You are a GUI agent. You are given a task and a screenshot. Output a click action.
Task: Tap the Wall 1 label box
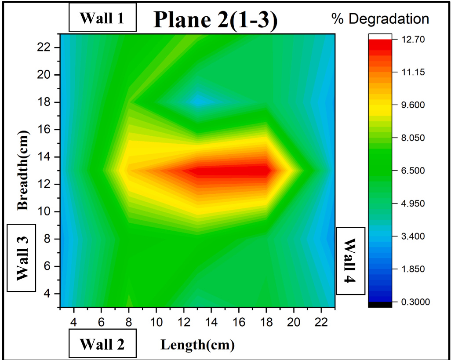click(102, 18)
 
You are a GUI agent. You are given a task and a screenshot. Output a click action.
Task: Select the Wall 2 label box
click(102, 344)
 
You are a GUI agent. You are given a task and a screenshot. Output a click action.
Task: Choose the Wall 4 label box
click(350, 261)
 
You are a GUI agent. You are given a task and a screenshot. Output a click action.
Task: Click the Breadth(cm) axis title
click(24, 169)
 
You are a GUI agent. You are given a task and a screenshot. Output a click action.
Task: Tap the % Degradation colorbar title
click(380, 19)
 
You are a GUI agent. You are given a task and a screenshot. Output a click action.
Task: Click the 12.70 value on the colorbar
click(413, 40)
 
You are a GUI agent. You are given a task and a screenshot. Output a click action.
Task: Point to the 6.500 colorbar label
click(414, 171)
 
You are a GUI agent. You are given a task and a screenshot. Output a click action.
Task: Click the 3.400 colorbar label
click(414, 236)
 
